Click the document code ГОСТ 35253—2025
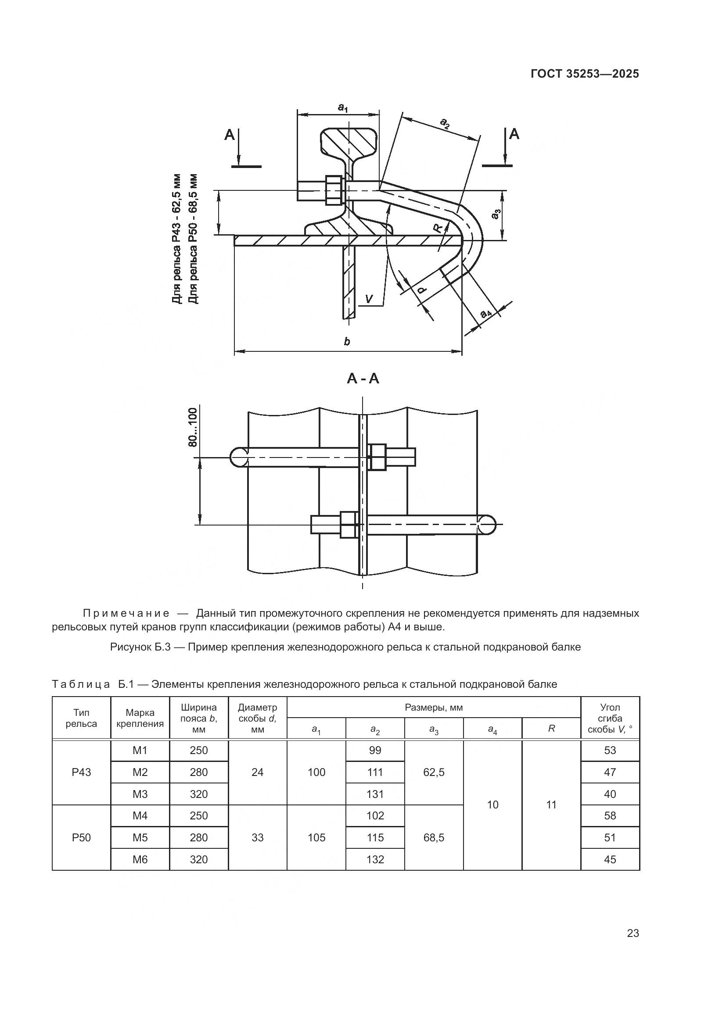tap(585, 74)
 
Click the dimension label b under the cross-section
tap(347, 342)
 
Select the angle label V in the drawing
tap(369, 299)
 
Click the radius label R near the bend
tap(438, 229)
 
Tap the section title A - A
tap(363, 379)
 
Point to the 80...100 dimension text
tap(193, 427)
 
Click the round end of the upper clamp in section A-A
tap(240, 458)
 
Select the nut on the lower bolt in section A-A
tap(348, 525)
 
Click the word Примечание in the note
tap(126, 613)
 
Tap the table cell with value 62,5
tap(434, 772)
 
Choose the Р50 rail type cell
tap(81, 837)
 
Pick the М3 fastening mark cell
tap(140, 794)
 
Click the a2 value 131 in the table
tap(375, 794)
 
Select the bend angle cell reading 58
tap(610, 815)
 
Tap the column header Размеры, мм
tap(434, 708)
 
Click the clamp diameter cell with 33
tap(258, 837)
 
